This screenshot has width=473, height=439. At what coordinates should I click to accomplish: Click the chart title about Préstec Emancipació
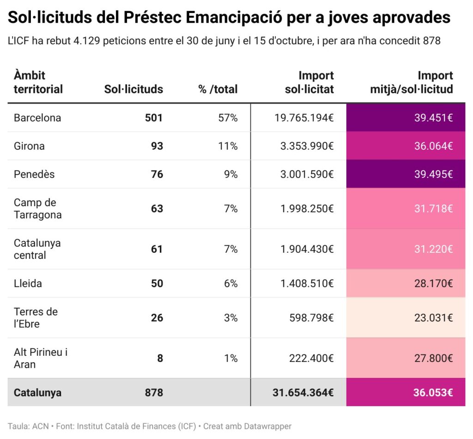(229, 18)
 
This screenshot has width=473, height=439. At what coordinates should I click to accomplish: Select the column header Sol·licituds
(133, 89)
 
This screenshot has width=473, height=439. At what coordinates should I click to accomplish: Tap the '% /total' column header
(218, 89)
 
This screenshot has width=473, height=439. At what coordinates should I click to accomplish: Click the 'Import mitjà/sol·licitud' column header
(412, 82)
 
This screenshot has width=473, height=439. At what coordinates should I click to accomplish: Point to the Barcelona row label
(37, 118)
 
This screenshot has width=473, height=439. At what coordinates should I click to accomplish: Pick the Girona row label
(29, 146)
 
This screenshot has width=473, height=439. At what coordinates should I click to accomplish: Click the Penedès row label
(34, 174)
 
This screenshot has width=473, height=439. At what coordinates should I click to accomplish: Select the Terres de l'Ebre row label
(36, 317)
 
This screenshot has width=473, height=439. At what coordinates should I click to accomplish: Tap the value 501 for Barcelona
(154, 118)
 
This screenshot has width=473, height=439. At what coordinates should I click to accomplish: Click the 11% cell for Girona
(228, 146)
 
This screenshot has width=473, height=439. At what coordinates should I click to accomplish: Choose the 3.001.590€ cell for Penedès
(307, 174)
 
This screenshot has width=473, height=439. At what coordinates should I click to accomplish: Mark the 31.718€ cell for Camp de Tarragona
(433, 208)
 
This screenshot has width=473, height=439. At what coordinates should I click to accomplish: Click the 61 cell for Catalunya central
(157, 249)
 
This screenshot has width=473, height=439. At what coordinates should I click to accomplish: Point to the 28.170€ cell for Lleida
(433, 283)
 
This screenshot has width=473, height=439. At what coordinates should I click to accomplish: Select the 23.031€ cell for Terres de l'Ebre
(433, 317)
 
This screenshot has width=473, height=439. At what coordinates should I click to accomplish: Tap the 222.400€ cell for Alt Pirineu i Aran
(310, 358)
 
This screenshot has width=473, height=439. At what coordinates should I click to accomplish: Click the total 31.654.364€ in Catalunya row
(303, 392)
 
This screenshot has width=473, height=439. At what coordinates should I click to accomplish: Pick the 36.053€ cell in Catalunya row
(433, 392)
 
